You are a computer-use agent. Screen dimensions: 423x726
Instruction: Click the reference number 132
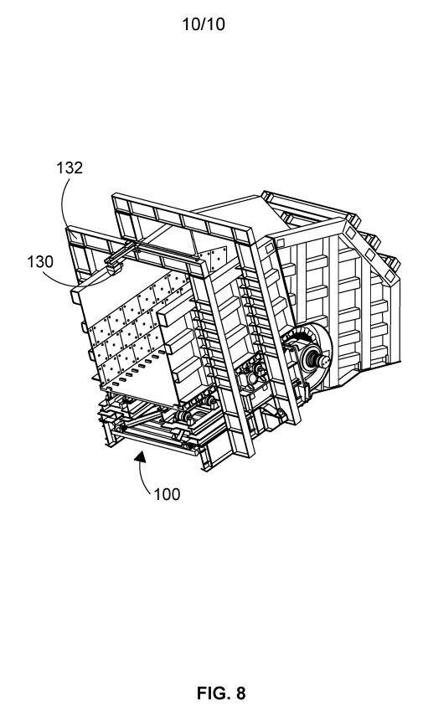click(x=70, y=167)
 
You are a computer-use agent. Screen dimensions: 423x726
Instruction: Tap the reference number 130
click(x=40, y=261)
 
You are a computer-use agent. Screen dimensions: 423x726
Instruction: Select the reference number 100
click(x=167, y=495)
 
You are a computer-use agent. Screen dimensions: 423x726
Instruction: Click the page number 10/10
click(x=204, y=24)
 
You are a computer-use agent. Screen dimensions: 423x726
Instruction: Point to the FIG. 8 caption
click(x=221, y=693)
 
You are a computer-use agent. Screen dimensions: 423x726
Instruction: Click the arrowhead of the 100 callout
click(x=141, y=457)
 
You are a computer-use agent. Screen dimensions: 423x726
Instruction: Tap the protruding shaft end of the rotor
click(x=322, y=358)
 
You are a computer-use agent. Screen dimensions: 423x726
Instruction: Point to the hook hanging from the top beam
click(x=112, y=268)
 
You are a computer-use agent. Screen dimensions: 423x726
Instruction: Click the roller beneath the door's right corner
click(x=188, y=418)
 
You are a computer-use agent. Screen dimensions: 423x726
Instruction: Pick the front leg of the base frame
click(x=204, y=458)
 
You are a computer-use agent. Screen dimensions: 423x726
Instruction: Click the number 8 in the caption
click(x=240, y=693)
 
